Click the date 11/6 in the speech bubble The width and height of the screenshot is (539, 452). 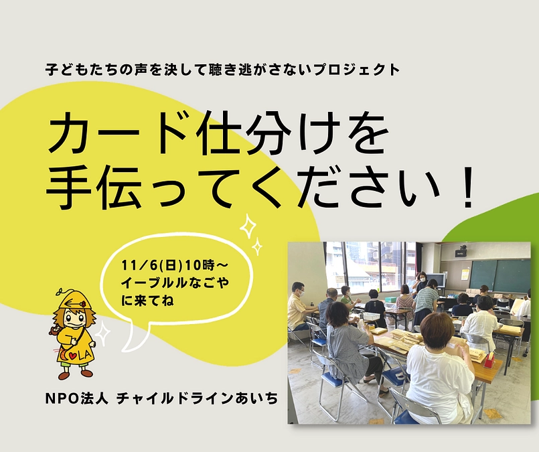coord(137,260)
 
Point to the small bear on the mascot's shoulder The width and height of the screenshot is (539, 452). coord(54,329)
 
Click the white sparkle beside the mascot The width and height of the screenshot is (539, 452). coord(102,333)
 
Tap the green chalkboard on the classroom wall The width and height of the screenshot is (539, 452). coord(499,275)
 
